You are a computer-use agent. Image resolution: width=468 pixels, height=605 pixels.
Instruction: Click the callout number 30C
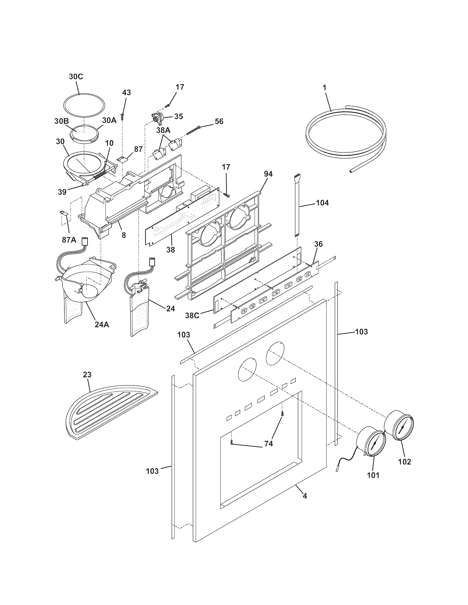point(76,77)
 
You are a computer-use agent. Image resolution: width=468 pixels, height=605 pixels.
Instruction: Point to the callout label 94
point(268,174)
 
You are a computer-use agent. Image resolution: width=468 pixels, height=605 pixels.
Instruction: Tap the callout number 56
point(219,121)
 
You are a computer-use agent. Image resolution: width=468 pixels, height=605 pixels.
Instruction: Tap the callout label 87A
point(69,240)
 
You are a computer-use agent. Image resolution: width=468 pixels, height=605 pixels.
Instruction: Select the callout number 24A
point(102,324)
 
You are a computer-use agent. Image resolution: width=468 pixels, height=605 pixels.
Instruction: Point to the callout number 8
point(124,235)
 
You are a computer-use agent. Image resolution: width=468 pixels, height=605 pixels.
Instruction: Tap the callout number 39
point(62,192)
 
